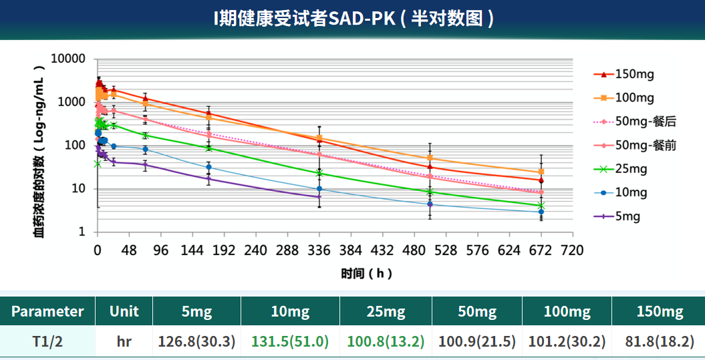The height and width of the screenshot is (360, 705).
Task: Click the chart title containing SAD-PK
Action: tap(352, 19)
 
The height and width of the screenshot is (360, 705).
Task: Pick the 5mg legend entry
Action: tap(627, 216)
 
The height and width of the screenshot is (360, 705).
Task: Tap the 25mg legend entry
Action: tap(631, 169)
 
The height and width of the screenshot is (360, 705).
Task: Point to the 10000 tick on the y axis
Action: tap(69, 59)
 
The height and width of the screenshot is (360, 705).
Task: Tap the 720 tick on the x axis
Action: tap(572, 250)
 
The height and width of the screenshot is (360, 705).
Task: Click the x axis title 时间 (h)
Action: tap(366, 273)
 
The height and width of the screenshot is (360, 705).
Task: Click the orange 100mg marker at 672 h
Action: tap(541, 172)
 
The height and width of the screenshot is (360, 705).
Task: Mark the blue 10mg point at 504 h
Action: tap(430, 204)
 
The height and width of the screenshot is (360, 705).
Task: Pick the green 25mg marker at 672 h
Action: tap(541, 206)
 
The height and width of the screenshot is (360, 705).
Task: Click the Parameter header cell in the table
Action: tap(47, 311)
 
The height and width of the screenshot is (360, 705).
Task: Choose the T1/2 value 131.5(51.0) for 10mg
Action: tap(290, 342)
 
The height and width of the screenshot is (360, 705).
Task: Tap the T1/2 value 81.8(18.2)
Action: tap(659, 342)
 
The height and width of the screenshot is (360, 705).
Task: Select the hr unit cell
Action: tap(124, 342)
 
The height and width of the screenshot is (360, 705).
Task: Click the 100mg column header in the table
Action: tap(567, 311)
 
